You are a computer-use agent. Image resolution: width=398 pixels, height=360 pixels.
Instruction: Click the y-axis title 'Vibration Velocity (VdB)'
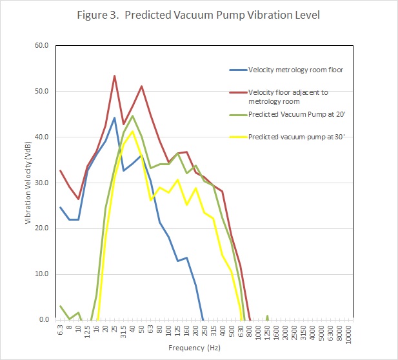[x=29, y=183]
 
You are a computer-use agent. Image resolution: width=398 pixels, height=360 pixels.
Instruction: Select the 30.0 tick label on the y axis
[x=43, y=183]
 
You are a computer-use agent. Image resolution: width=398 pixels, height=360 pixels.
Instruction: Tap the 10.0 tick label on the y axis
[x=43, y=274]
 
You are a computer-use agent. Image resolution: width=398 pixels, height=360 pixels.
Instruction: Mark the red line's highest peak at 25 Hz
[x=114, y=76]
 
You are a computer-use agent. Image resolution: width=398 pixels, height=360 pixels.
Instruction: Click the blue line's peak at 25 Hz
[x=114, y=117]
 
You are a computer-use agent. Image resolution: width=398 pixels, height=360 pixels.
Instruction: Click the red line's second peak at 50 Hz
[x=141, y=86]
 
